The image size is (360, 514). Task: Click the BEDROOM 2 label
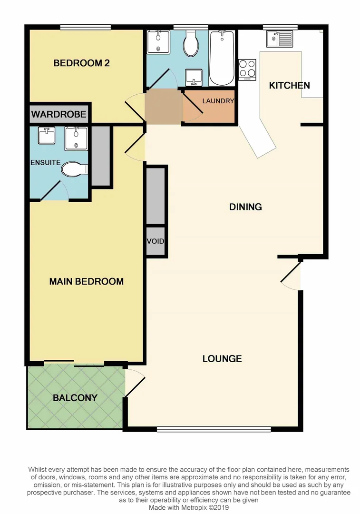(81, 63)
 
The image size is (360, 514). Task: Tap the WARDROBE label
(59, 114)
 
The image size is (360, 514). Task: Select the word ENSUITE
(45, 162)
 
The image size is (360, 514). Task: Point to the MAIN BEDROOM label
(86, 281)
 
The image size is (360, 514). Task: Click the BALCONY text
(75, 398)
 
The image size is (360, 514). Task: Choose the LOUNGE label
(222, 358)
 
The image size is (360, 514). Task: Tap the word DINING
(245, 207)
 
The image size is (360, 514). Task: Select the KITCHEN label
(289, 86)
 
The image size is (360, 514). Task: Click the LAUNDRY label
(218, 101)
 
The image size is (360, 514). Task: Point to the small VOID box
(156, 242)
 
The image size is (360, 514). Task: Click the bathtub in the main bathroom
(222, 58)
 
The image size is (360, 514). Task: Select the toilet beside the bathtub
(192, 44)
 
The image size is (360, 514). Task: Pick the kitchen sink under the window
(280, 38)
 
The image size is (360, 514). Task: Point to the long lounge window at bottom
(214, 429)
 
